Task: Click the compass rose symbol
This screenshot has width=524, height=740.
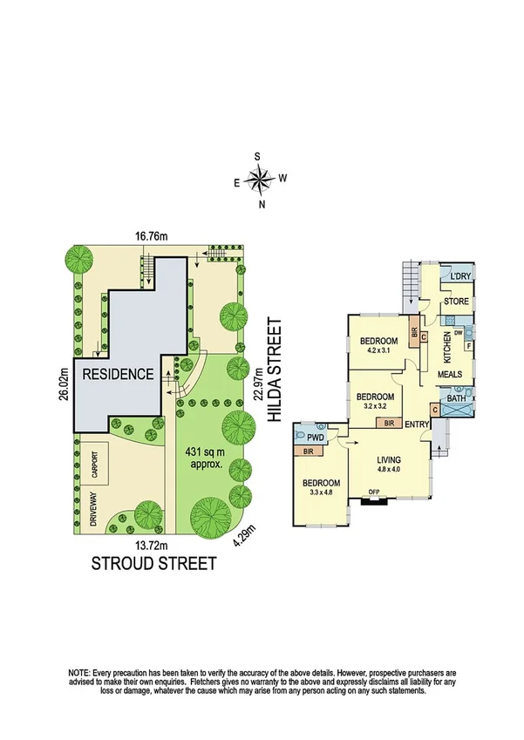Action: click(259, 180)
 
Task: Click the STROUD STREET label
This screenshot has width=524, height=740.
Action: click(153, 564)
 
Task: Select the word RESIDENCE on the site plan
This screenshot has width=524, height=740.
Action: click(119, 375)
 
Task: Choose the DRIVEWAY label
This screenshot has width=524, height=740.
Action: click(91, 511)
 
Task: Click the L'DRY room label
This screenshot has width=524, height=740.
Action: click(461, 276)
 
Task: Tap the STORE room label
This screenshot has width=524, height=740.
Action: click(456, 302)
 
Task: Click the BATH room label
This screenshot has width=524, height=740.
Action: click(456, 399)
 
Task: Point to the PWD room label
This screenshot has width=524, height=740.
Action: click(315, 436)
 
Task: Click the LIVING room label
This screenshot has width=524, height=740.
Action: click(388, 460)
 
